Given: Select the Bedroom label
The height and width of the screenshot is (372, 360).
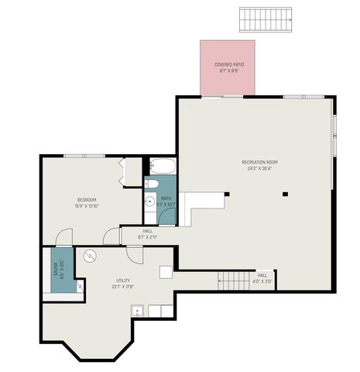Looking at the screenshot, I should click(86, 199).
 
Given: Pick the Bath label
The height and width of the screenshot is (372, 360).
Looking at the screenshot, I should click(166, 198).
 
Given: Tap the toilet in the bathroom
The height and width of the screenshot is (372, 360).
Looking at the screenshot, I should click(153, 184).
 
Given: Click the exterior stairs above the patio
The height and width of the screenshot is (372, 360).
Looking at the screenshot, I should click(267, 18).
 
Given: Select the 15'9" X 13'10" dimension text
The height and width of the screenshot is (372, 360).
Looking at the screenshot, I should click(86, 205).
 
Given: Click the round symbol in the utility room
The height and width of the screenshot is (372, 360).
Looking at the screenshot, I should click(88, 255).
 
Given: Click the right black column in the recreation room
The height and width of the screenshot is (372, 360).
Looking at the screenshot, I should click(285, 194).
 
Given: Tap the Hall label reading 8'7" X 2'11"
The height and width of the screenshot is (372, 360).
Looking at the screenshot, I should click(147, 233).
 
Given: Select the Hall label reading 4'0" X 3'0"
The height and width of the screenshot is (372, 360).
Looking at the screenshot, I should click(262, 277).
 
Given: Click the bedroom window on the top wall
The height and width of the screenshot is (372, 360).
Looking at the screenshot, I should click(84, 156).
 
